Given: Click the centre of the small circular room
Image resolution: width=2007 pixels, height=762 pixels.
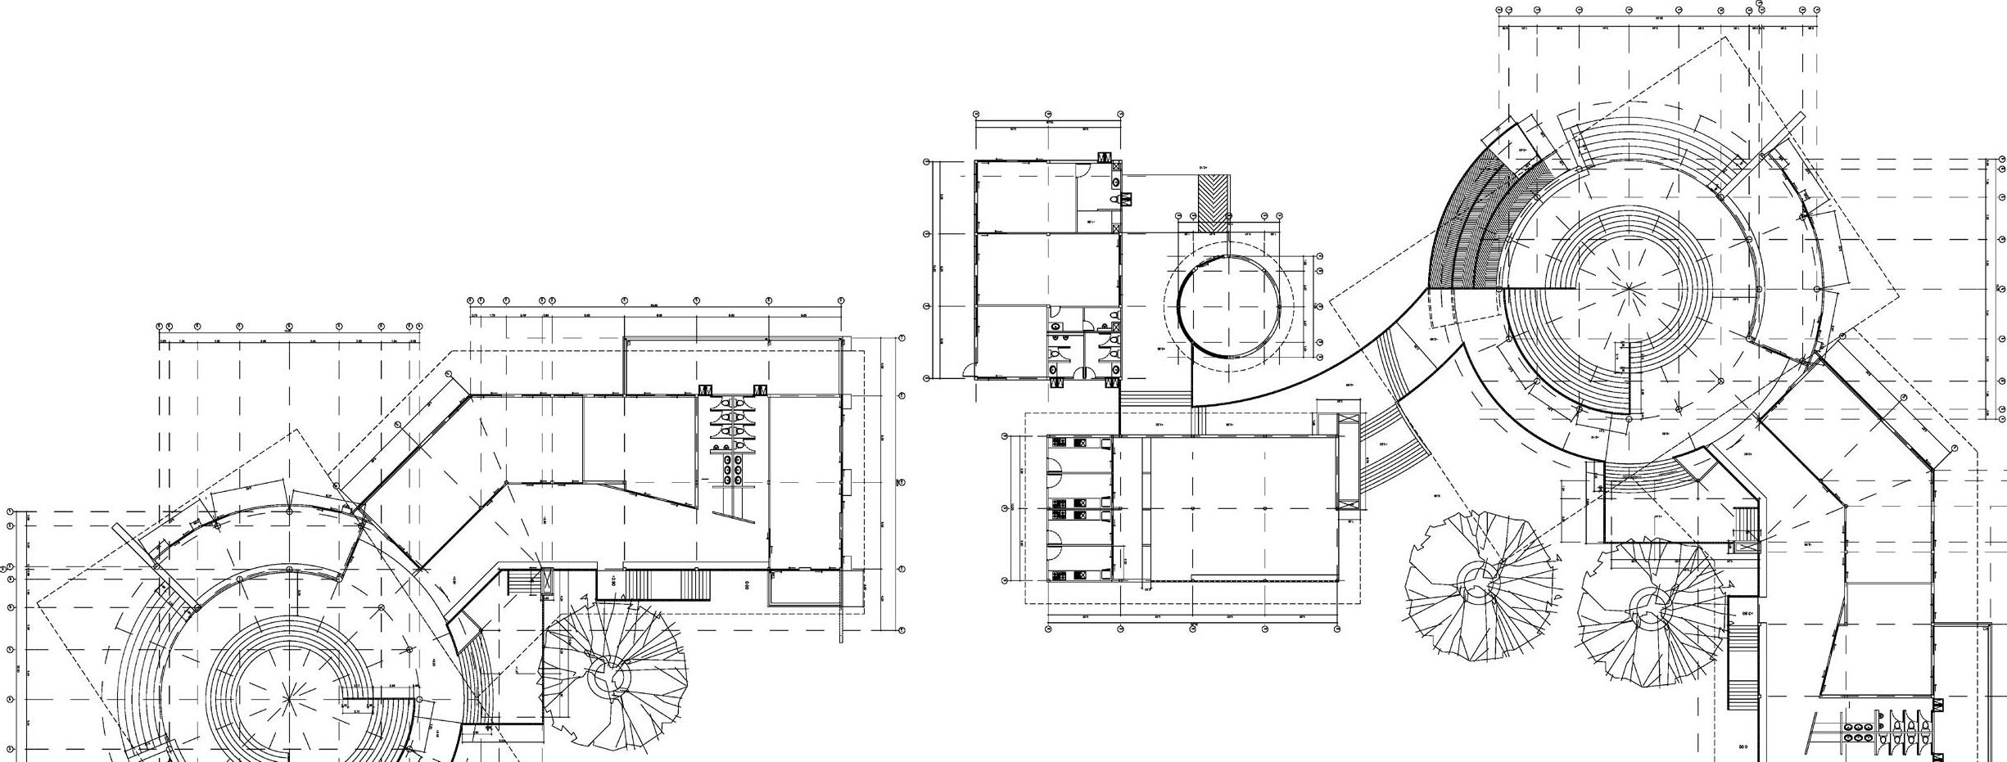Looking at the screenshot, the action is click(x=1229, y=306).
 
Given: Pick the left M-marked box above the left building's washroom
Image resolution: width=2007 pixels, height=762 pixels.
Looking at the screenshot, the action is click(x=704, y=390).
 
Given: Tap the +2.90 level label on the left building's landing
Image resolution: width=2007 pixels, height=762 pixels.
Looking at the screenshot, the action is click(x=612, y=580).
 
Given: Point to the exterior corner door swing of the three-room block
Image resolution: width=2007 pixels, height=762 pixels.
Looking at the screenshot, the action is click(x=968, y=369).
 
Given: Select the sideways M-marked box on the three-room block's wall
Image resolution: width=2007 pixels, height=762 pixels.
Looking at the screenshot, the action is click(x=1126, y=199).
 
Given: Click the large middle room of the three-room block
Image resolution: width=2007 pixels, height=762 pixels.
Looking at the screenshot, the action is click(x=1046, y=269).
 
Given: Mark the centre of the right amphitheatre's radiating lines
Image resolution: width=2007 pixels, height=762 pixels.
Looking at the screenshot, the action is click(x=1630, y=288).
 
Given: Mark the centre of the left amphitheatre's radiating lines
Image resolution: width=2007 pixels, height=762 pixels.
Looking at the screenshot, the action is click(x=288, y=698).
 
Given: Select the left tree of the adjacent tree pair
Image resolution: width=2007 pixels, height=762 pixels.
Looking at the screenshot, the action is click(x=1483, y=586).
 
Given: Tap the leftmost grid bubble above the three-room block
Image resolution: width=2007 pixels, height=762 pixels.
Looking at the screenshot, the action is click(x=976, y=115).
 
